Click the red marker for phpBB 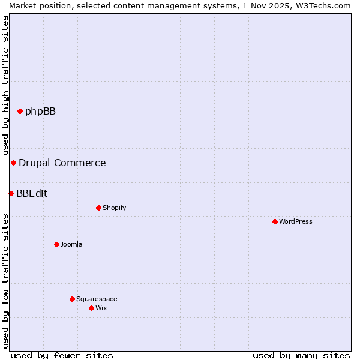[x=20, y=111]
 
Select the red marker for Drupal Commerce [x=13, y=163]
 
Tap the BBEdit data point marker [x=11, y=193]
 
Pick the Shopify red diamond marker [x=98, y=208]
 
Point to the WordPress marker [x=275, y=221]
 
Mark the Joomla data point [x=56, y=244]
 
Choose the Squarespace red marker [x=72, y=299]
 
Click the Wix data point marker [x=91, y=308]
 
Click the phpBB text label [x=40, y=111]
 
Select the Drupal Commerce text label [x=62, y=163]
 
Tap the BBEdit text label [x=32, y=193]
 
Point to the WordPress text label [x=296, y=221]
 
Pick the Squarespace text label [x=97, y=299]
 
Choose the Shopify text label [x=114, y=208]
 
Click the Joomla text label [x=71, y=244]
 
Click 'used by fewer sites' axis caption [x=62, y=355]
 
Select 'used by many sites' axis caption [x=301, y=355]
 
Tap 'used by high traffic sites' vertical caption [x=5, y=85]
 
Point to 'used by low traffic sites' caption [x=5, y=281]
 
